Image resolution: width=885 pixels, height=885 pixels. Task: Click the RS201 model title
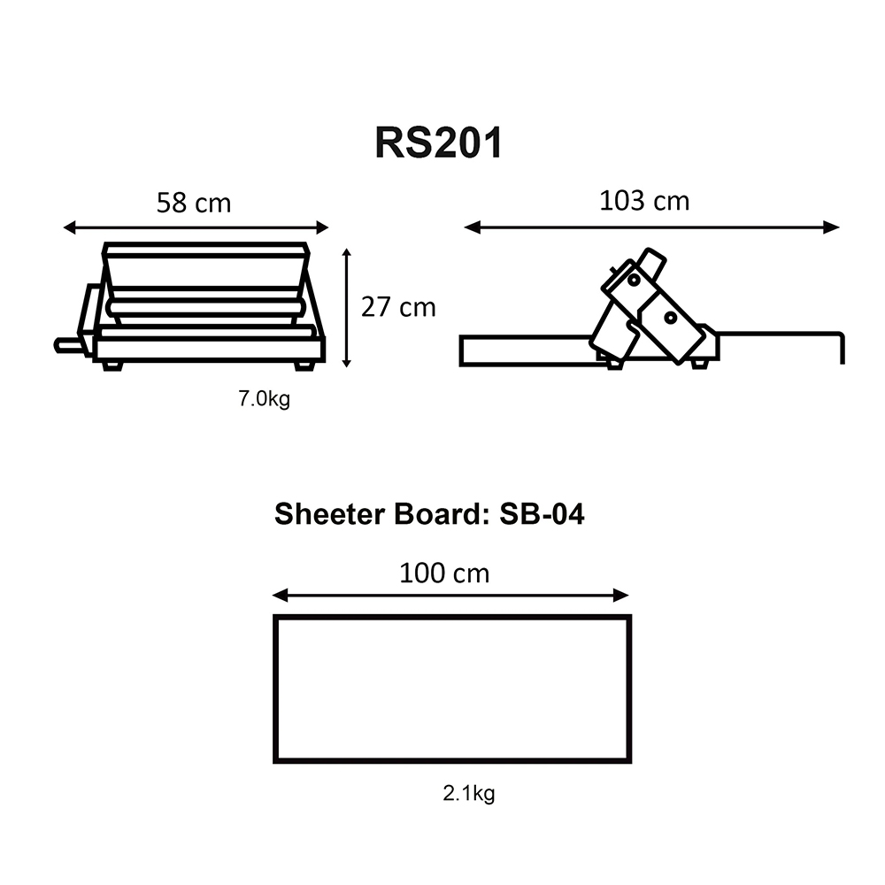439,142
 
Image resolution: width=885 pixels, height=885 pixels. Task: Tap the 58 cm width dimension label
194,203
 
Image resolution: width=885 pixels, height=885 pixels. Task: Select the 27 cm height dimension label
398,308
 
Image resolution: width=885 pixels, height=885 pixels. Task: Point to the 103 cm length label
644,201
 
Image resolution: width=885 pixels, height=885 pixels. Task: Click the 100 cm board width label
444,573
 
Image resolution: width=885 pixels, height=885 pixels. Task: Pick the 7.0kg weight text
264,399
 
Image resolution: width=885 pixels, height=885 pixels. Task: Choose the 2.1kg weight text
469,794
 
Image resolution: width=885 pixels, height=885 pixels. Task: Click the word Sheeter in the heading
330,514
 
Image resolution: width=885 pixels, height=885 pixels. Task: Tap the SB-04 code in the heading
542,514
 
